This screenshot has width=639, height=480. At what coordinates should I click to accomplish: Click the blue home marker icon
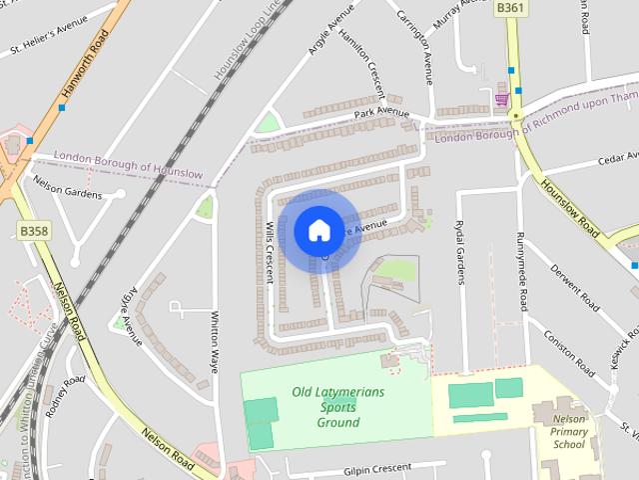pyautogui.click(x=319, y=230)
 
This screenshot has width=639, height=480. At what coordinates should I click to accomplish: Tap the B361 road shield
pyautogui.click(x=509, y=7)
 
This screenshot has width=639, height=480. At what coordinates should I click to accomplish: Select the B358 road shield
pyautogui.click(x=34, y=231)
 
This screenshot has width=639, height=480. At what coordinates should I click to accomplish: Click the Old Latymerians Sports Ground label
pyautogui.click(x=337, y=407)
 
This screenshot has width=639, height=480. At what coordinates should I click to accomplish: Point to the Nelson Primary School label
pyautogui.click(x=569, y=431)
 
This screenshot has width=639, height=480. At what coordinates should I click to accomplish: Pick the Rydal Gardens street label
pyautogui.click(x=460, y=252)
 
